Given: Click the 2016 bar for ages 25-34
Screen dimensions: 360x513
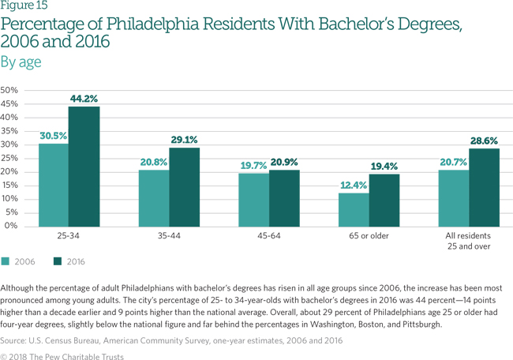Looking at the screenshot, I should click(x=84, y=167).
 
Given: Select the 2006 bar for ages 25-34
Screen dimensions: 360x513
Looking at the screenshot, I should click(x=54, y=185).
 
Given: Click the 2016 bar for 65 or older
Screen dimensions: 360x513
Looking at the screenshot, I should click(x=384, y=200).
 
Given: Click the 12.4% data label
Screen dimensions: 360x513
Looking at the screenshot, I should click(x=353, y=185).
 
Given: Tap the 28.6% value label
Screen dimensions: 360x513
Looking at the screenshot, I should click(x=485, y=141).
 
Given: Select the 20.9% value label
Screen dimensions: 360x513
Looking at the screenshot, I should click(x=285, y=163).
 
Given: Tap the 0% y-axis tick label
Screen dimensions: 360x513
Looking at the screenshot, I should click(x=12, y=226).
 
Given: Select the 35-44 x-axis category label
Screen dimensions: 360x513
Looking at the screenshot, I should click(x=168, y=235).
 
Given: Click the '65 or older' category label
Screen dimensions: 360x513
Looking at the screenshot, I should click(x=369, y=235).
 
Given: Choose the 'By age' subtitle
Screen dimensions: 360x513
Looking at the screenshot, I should click(x=21, y=61).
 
